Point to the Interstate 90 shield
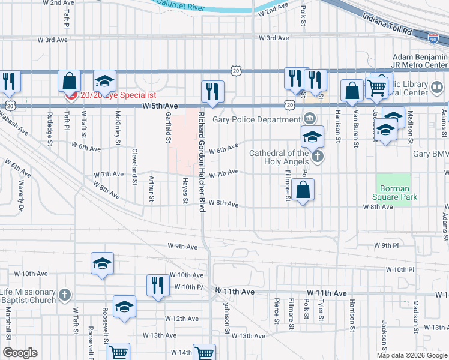click(x=433, y=38)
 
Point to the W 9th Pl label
click(x=386, y=246)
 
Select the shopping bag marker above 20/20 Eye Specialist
click(x=70, y=81)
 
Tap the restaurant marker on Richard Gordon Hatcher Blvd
click(x=212, y=91)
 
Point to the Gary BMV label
click(x=430, y=154)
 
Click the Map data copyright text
click(x=411, y=355)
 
